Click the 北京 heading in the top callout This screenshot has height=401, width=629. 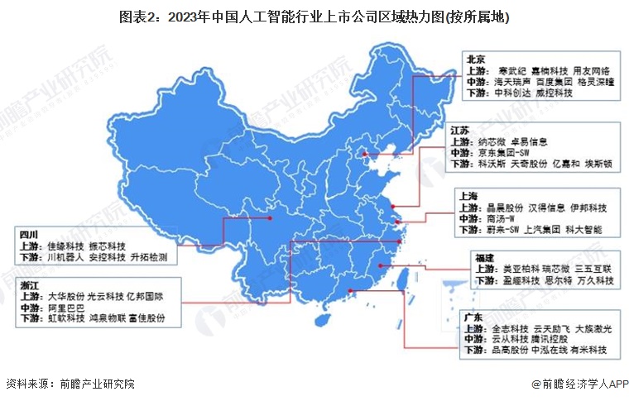[474, 59]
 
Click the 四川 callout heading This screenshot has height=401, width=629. [30, 234]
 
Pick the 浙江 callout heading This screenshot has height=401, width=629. [30, 283]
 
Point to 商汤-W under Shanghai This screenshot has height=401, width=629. [505, 217]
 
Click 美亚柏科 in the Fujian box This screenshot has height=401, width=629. [520, 270]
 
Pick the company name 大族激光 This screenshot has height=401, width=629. [593, 328]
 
